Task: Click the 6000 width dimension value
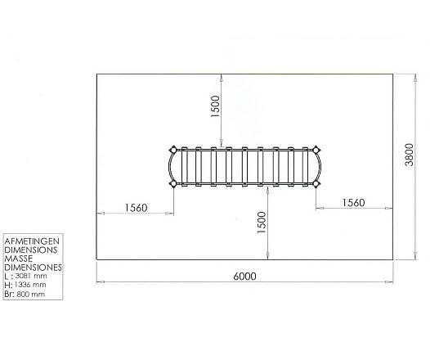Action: tap(244, 276)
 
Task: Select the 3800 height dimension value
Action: tap(410, 155)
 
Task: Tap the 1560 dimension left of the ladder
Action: tap(136, 208)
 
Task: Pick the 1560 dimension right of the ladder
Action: tap(353, 203)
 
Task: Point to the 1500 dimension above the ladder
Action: tap(215, 106)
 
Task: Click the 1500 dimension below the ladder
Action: tap(262, 223)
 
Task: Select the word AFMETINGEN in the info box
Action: tap(32, 241)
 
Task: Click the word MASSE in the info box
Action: tap(19, 259)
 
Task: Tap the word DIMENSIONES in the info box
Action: tap(34, 268)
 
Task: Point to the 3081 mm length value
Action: tap(31, 276)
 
